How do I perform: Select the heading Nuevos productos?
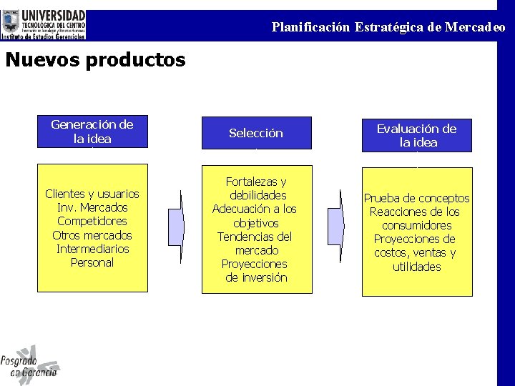click(95, 60)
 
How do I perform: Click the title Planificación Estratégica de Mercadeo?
click(388, 27)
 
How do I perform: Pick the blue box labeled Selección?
click(256, 133)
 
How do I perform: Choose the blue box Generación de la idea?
click(92, 132)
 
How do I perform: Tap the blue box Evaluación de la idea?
click(416, 135)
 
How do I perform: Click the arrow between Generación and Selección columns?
click(175, 225)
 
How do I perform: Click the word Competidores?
click(92, 222)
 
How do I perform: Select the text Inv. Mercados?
click(92, 208)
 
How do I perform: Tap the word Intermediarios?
click(92, 249)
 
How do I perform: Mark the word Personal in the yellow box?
click(92, 262)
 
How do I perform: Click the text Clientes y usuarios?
click(92, 194)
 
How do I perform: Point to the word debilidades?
click(257, 195)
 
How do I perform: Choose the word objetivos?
click(256, 223)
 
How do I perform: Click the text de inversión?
click(256, 277)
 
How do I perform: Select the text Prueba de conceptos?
click(416, 198)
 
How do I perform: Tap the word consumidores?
click(416, 225)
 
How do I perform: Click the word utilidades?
click(416, 267)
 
